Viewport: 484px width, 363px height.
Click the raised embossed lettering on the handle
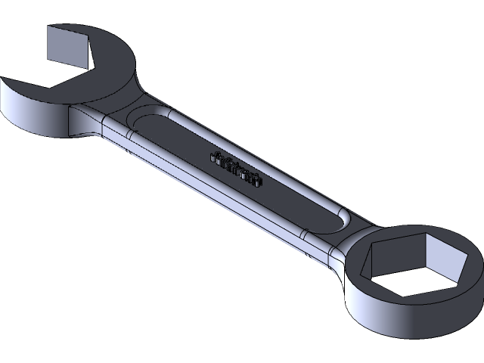[235, 169]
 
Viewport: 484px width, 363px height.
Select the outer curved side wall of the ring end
[393, 318]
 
